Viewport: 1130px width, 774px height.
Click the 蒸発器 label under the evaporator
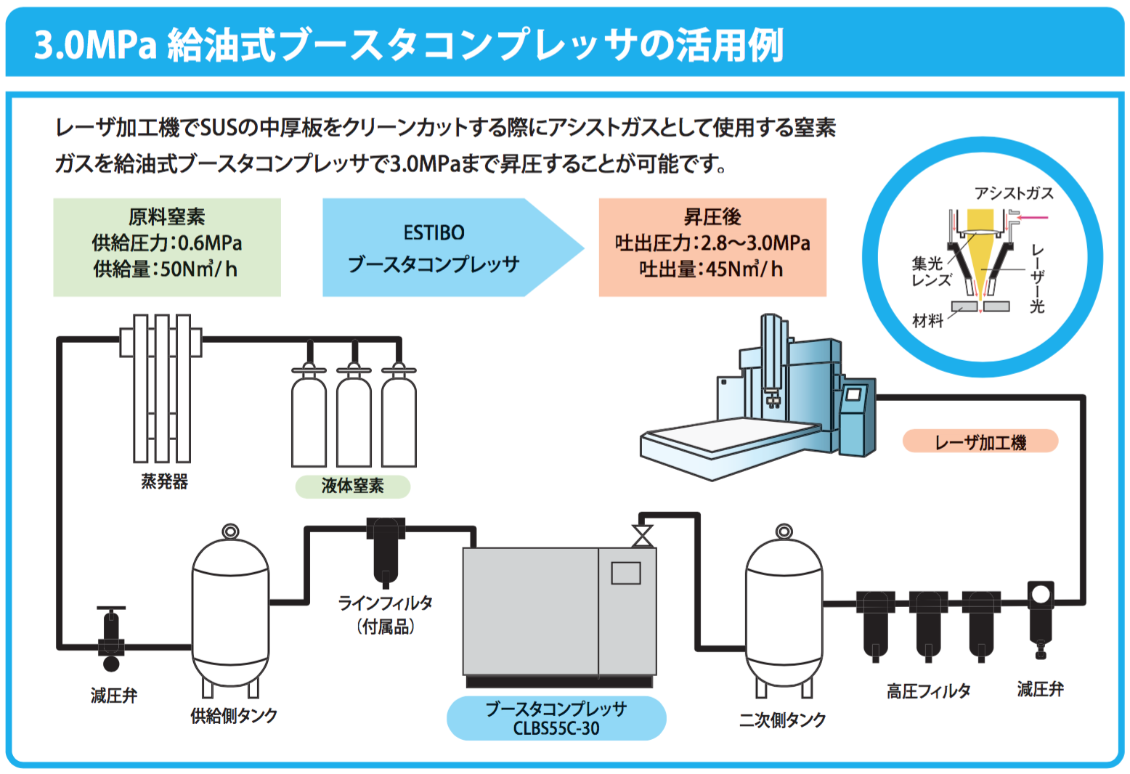164,482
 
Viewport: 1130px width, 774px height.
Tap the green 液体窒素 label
352,486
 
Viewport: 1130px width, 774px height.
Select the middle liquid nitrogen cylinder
354,421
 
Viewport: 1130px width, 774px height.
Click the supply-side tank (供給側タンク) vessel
230,610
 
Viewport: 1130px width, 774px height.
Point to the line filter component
386,548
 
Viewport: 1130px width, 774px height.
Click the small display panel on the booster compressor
625,573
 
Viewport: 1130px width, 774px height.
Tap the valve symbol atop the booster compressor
642,536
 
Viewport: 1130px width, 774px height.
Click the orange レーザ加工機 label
980,441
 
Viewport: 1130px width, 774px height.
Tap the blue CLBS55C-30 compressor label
556,718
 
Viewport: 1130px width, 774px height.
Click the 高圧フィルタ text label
928,691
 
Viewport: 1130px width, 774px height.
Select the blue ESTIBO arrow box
443,248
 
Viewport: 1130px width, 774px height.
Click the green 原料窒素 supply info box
167,247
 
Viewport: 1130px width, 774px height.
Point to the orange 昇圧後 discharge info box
712,247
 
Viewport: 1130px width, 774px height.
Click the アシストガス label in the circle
1014,193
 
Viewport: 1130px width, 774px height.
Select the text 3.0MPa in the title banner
95,45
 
